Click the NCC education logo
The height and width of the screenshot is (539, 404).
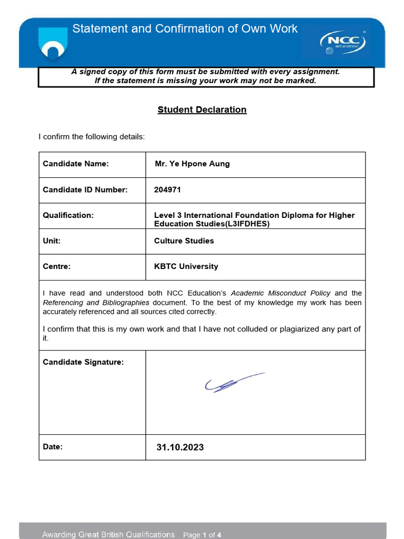(x=342, y=42)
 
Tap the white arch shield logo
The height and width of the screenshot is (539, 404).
(x=53, y=44)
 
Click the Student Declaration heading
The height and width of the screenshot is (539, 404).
(x=202, y=109)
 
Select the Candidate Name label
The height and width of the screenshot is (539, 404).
(x=76, y=164)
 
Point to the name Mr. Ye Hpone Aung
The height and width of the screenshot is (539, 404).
(x=192, y=164)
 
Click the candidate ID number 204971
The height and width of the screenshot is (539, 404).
(x=167, y=189)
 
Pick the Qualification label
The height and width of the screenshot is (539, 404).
(x=68, y=215)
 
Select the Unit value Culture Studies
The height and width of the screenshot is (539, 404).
(x=184, y=241)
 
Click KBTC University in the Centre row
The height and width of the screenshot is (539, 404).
(x=186, y=266)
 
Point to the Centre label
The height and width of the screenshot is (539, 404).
(x=56, y=266)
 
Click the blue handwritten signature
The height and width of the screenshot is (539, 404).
(x=233, y=383)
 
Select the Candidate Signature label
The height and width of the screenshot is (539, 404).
(x=83, y=362)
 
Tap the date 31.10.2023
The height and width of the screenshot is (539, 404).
(x=180, y=447)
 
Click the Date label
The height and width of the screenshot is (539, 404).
(x=53, y=447)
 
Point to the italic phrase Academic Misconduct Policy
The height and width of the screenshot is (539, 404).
(x=281, y=293)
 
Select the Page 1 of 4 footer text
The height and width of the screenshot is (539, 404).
(x=202, y=535)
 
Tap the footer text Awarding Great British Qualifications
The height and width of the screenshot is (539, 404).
(x=108, y=535)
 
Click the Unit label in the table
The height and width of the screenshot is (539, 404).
(x=52, y=241)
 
